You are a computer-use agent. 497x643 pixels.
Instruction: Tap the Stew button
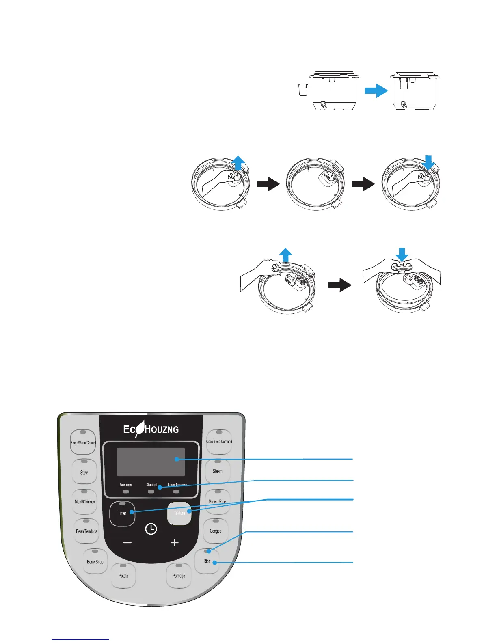[x=84, y=472]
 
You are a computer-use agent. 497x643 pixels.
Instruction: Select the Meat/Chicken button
[x=85, y=501]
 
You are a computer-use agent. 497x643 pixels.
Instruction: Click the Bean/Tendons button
[x=86, y=531]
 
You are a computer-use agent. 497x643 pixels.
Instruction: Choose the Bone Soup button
[x=95, y=561]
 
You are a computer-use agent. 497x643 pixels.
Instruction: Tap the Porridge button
[x=179, y=575]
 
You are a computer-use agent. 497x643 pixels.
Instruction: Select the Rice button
[x=207, y=561]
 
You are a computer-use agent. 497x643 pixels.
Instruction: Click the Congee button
[x=216, y=531]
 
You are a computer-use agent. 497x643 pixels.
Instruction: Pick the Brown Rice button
[x=218, y=501]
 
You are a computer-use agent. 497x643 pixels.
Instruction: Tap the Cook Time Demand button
[x=219, y=441]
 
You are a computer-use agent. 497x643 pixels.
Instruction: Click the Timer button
[x=122, y=513]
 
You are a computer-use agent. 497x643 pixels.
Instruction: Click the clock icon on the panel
[x=151, y=529]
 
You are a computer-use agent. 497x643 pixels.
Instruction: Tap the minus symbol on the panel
[x=127, y=543]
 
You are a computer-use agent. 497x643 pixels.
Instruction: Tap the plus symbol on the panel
[x=175, y=542]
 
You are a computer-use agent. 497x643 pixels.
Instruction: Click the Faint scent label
[x=126, y=485]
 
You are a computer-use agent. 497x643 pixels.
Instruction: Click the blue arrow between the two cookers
[x=376, y=91]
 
